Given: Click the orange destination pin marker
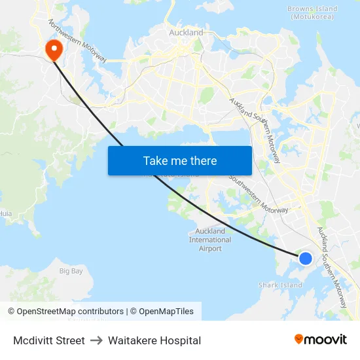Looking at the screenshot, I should point(52,48).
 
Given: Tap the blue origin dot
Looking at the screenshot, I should point(306,258).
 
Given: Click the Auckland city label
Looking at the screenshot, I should point(186,32).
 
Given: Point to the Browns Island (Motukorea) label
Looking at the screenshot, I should point(312,12).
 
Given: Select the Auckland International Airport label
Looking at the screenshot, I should point(210,240).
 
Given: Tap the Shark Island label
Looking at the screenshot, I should point(280,285).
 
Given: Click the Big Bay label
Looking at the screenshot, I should point(71,270).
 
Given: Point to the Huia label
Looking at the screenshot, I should point(5,213).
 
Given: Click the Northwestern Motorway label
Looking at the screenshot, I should point(77,41).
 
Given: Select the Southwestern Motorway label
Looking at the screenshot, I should point(258,194).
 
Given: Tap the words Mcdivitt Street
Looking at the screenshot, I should point(49,340).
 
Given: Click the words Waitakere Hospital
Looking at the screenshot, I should point(154,340).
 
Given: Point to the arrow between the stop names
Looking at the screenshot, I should point(96,340).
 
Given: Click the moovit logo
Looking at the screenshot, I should point(321,339).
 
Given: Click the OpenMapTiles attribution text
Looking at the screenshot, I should point(164,312).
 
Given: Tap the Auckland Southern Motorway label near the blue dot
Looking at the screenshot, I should point(332,268).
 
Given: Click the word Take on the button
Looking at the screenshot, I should point(154,161).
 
